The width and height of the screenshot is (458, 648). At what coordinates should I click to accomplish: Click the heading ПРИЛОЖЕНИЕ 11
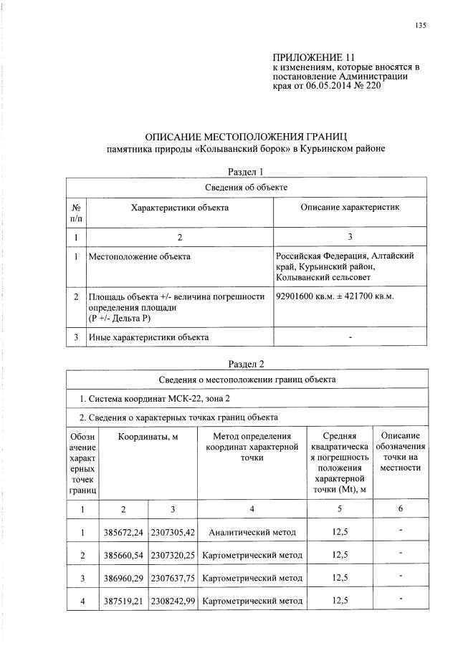pyautogui.click(x=314, y=57)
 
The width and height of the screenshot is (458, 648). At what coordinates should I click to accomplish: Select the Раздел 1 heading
pyautogui.click(x=246, y=172)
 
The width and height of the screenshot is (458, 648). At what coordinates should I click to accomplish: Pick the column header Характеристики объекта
pyautogui.click(x=179, y=207)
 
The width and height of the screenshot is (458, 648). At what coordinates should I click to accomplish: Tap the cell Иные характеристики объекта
pyautogui.click(x=148, y=337)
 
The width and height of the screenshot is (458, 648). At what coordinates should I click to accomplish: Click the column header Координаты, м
pyautogui.click(x=148, y=436)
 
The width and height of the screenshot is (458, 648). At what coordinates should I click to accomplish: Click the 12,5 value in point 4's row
pyautogui.click(x=340, y=600)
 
